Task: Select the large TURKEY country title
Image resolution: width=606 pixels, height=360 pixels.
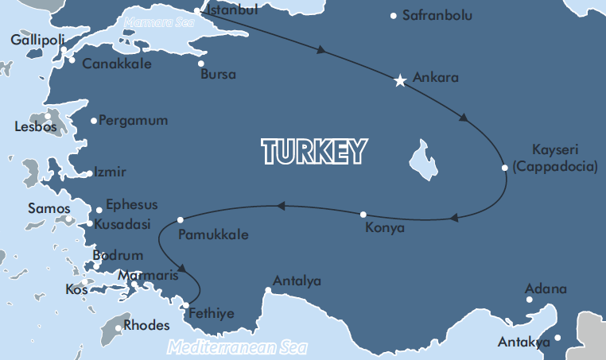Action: click(x=315, y=150)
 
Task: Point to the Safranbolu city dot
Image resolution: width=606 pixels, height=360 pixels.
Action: click(x=394, y=15)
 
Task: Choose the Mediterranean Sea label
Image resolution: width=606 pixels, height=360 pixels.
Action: click(x=238, y=348)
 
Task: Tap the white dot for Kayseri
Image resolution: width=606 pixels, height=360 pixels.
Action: click(x=505, y=168)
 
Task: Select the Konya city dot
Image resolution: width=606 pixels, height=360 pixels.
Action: click(x=363, y=215)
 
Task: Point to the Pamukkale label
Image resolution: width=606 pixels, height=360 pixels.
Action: click(x=213, y=235)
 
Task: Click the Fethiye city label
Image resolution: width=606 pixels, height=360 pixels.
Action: click(x=211, y=314)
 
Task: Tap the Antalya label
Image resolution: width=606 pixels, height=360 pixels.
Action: click(x=297, y=281)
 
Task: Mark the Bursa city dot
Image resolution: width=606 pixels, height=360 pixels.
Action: click(x=200, y=64)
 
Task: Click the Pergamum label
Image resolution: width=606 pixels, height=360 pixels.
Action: click(x=134, y=121)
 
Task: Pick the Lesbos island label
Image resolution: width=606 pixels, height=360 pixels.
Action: click(x=35, y=126)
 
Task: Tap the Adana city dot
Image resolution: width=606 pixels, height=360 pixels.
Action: click(x=530, y=300)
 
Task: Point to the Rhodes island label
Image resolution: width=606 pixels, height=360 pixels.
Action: click(x=147, y=325)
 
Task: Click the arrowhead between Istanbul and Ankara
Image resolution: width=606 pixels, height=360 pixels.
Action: click(x=321, y=50)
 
